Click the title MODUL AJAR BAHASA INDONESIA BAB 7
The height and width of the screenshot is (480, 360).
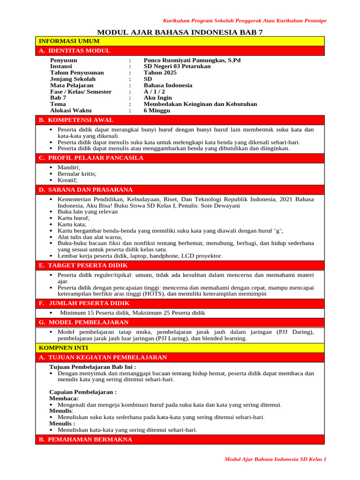(180, 32)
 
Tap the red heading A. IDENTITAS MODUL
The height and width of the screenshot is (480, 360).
(75, 51)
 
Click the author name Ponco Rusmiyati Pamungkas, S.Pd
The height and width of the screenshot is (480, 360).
(192, 60)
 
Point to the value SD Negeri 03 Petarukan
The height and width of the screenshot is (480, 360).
(177, 67)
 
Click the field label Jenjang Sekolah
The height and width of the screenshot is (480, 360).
(73, 79)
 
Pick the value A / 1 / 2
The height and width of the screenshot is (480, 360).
(154, 92)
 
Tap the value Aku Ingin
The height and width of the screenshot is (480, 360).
(157, 98)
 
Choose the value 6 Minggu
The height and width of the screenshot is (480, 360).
(157, 111)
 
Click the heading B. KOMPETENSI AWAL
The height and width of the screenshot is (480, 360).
(76, 120)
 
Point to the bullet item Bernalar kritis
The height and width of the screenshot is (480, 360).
(77, 174)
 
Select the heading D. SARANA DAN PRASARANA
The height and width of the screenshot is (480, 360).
(85, 190)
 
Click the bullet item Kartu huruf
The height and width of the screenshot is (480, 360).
(74, 218)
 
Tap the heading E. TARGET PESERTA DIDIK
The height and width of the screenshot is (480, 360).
(84, 265)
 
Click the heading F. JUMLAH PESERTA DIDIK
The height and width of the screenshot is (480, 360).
(84, 303)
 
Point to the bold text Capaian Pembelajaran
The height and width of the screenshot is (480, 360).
(83, 392)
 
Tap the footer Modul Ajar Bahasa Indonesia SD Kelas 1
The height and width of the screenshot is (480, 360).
(276, 459)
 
